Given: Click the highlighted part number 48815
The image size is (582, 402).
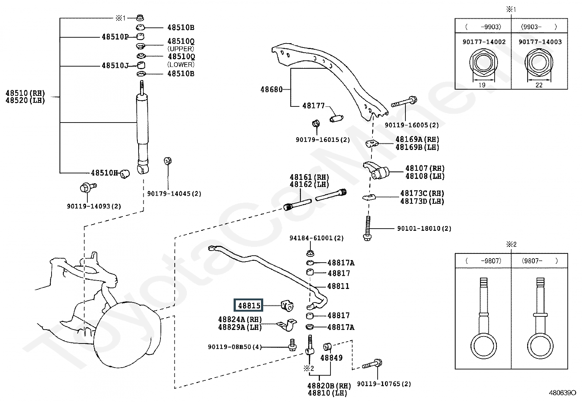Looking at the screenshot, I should click(x=249, y=305).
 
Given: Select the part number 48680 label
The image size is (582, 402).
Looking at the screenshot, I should click(x=271, y=89).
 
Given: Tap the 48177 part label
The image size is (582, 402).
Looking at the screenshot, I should click(x=313, y=106).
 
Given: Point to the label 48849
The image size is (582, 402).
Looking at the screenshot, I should click(x=331, y=357).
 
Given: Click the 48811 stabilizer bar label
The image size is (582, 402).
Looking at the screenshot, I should click(x=338, y=286).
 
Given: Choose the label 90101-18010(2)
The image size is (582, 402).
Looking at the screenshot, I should click(x=424, y=228).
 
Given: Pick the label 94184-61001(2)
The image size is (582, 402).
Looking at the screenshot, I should click(x=317, y=238).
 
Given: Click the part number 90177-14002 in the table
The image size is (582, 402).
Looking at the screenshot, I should click(x=484, y=42).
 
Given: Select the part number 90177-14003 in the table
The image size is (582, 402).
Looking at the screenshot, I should click(x=540, y=42).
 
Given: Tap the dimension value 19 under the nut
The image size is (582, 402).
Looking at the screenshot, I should click(x=482, y=85).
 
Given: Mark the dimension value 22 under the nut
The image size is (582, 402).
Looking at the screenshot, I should click(x=539, y=85).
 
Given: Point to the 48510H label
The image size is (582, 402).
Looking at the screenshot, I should click(x=104, y=173).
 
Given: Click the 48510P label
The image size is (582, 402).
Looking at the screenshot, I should click(x=115, y=37).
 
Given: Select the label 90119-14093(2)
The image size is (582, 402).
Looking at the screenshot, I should click(x=94, y=206).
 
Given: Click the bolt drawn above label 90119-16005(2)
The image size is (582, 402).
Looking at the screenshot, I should click(x=405, y=102).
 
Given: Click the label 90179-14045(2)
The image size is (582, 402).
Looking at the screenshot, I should click(x=174, y=194).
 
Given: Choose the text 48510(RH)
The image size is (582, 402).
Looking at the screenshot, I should click(x=25, y=93).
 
